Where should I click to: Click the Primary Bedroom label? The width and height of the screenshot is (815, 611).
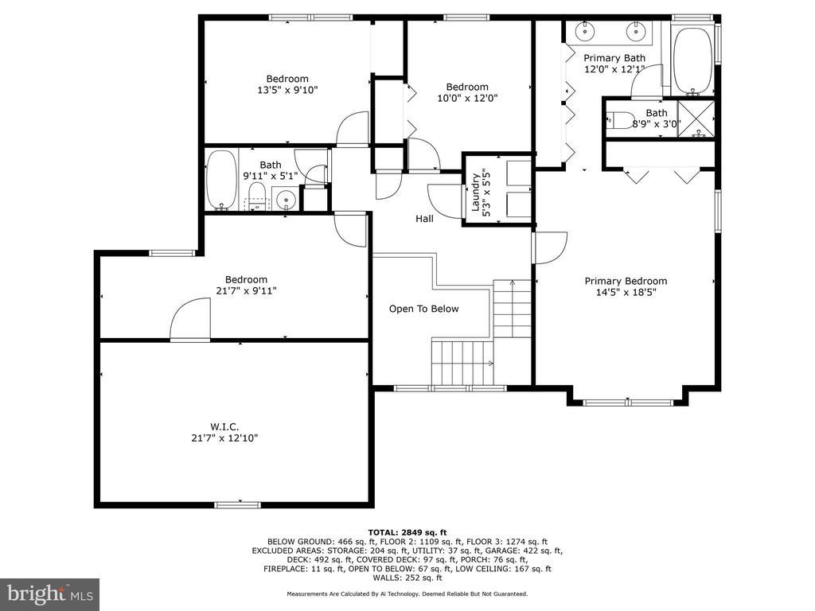click(626, 281)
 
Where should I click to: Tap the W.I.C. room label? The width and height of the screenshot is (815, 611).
click(224, 427)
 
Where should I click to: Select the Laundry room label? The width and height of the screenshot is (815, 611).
click(475, 193)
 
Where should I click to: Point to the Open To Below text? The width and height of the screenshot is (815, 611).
click(423, 309)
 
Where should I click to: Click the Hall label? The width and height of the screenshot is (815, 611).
click(424, 219)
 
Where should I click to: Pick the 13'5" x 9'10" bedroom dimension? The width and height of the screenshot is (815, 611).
click(287, 90)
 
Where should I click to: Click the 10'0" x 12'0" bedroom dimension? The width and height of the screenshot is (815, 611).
click(467, 98)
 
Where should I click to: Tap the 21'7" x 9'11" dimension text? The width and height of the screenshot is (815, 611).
click(246, 291)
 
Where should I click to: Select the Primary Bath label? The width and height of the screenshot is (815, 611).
click(614, 57)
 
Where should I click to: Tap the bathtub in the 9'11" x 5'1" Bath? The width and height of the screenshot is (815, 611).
click(222, 180)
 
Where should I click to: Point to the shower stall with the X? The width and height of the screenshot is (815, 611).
click(696, 119)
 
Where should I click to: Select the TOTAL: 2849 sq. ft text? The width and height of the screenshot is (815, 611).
click(407, 532)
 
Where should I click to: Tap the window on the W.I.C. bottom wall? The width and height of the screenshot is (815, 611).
click(237, 504)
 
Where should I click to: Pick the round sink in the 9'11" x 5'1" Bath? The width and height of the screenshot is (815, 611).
click(286, 198)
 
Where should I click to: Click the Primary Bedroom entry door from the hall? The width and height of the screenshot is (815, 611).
click(549, 248)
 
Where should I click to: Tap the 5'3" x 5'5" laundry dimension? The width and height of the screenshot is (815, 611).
click(486, 193)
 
